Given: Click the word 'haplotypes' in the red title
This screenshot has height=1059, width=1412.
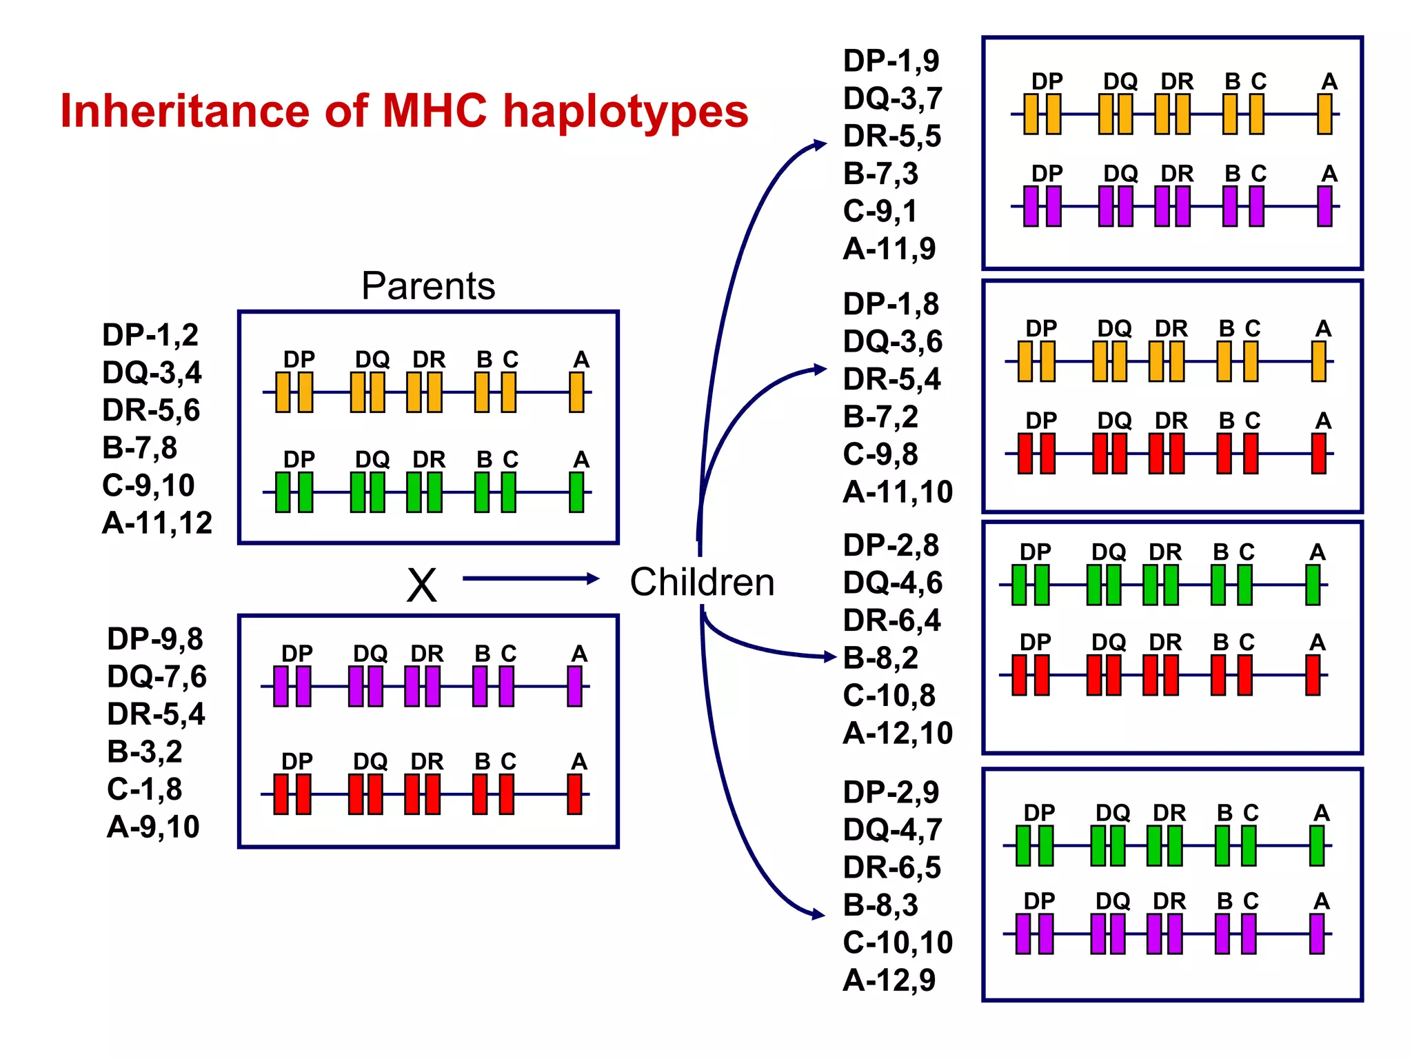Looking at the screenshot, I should pos(625,112).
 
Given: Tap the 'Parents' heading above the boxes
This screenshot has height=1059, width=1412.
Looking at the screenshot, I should pos(427,285).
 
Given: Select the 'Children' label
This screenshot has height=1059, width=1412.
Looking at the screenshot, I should pos(702,582).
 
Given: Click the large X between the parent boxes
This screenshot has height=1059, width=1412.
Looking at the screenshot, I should pos(421,585).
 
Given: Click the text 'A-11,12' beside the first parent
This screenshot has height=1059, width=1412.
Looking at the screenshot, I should pos(157,523).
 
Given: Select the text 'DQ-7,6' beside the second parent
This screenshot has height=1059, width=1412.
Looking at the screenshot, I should pos(157,676).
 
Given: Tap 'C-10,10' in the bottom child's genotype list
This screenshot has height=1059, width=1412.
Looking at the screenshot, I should pos(897,942).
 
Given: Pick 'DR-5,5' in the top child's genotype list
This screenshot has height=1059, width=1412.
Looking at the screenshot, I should pos(891,137).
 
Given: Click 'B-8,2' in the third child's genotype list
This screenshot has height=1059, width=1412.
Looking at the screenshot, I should pos(880,658).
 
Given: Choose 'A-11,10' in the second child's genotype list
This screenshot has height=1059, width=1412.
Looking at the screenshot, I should pos(897,492).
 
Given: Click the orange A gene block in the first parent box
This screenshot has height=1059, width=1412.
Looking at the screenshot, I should pos(576,392).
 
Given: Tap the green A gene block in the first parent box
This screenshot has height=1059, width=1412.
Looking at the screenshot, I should pos(576,492).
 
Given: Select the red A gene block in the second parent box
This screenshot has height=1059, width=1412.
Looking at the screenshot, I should pos(574,794).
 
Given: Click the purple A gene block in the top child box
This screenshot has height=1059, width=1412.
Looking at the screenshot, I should pos(1324,207).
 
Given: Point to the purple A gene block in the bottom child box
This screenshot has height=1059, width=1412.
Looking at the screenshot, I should pos(1317,934).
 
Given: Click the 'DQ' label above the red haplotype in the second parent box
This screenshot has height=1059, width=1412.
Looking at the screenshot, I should pos(370,761).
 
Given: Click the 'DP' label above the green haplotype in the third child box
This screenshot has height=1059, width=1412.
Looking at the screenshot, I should pos(1035,552).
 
